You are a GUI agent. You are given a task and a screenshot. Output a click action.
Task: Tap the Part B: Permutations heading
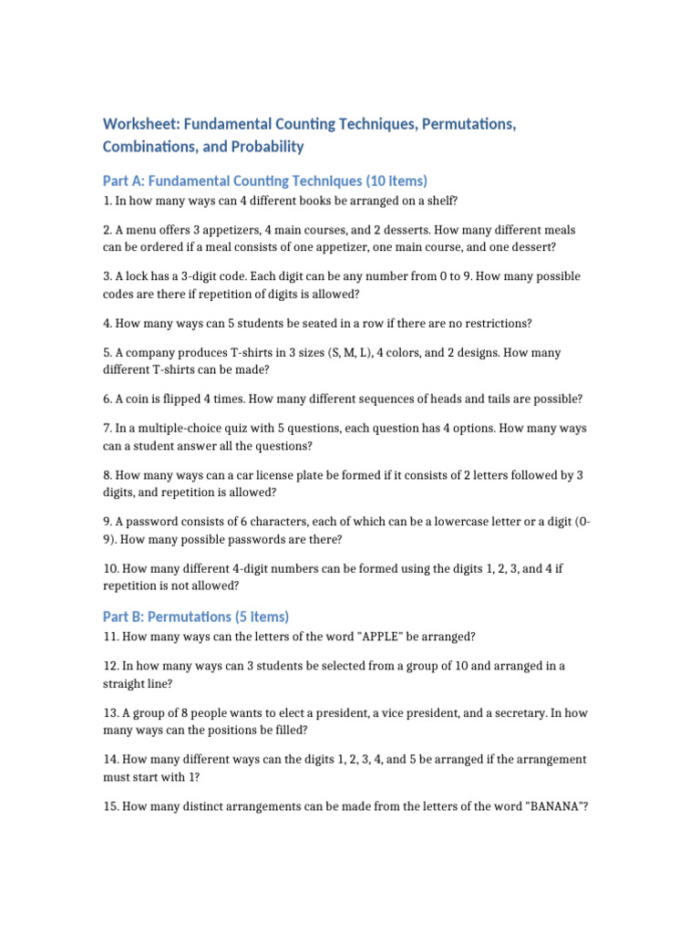[196, 617]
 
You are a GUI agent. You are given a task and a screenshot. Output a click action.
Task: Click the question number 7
[106, 428]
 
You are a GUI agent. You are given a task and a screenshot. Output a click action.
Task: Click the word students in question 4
[232, 324]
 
